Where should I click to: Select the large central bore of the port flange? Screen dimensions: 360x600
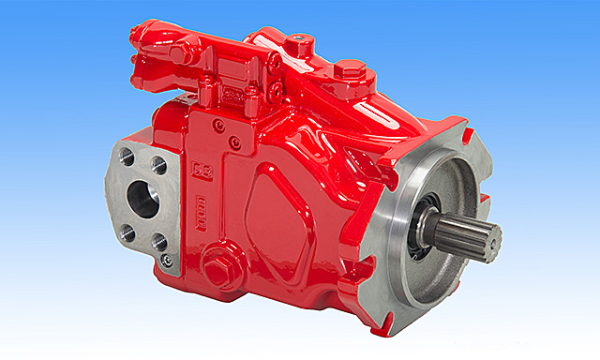click(x=143, y=199)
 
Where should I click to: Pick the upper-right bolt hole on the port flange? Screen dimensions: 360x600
click(x=159, y=166)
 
